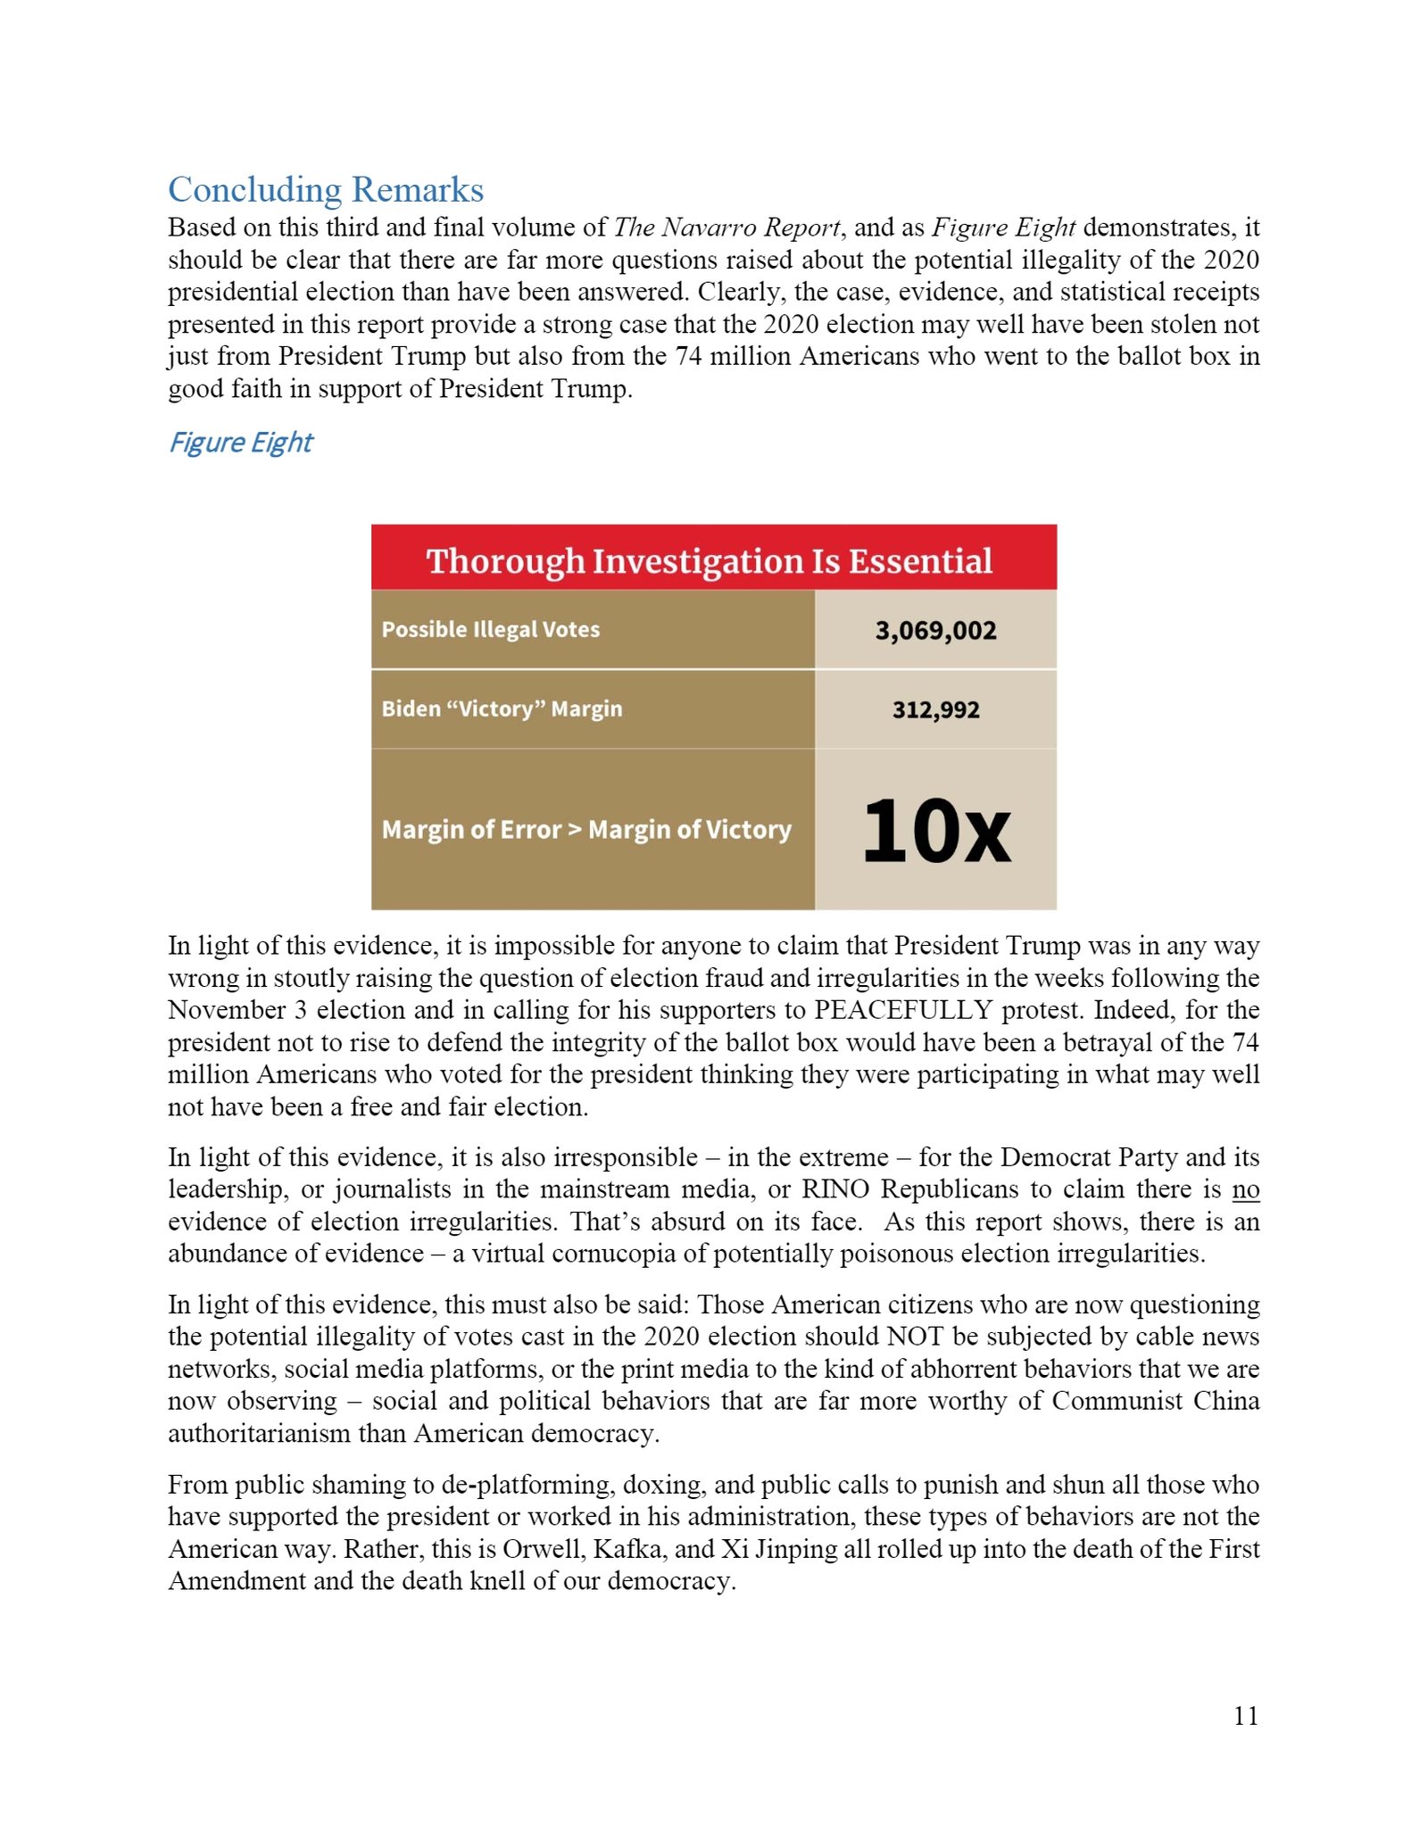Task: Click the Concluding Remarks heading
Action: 326,190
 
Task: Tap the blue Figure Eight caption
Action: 241,443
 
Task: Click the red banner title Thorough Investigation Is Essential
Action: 710,561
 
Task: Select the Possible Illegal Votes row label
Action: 491,630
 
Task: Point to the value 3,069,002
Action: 935,631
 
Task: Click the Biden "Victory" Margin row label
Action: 502,709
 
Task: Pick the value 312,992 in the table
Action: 935,710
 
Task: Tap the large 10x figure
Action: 936,832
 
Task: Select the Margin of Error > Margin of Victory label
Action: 586,830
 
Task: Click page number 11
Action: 1245,1716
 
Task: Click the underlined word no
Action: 1245,1189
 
